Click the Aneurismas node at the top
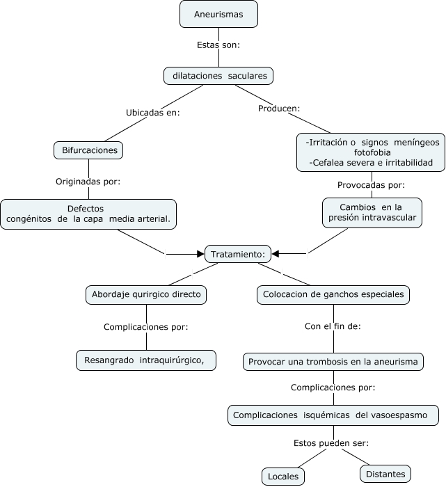218,15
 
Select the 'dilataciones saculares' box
218,75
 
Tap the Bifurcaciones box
88,150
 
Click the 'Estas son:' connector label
218,45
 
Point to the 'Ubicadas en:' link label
152,112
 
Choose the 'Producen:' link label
279,109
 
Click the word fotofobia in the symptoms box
372,152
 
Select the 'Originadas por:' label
88,182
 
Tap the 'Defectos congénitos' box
88,214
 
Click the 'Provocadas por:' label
371,185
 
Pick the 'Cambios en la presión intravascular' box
372,213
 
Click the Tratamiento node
237,254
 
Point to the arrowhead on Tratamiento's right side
276,254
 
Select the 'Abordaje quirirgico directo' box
146,294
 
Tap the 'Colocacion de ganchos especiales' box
333,294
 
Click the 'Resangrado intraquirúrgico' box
145,360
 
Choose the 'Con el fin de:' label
333,326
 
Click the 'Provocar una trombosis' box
333,362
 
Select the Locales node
283,477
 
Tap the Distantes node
385,474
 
